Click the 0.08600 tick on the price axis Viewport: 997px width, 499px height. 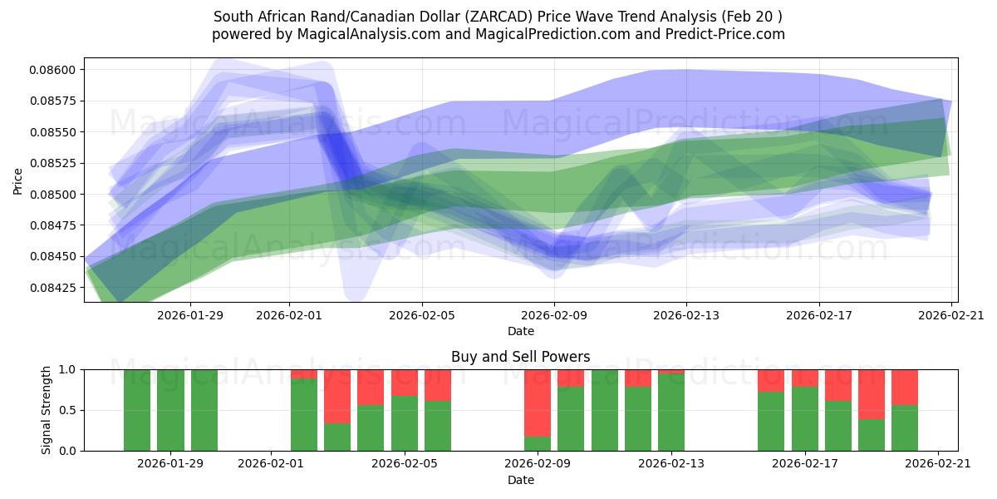pos(54,70)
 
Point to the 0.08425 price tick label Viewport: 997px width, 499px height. pos(54,288)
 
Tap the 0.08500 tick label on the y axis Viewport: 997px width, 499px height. pos(54,195)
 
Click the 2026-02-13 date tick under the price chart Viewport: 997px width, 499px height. pos(686,315)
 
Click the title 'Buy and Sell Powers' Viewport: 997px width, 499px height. pos(520,357)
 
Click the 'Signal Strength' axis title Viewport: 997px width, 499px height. pos(47,410)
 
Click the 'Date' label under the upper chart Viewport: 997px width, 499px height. pos(520,331)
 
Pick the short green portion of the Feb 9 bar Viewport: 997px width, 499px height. pos(538,443)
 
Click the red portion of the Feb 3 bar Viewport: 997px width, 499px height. pos(337,396)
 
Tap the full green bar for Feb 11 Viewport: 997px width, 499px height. pos(604,410)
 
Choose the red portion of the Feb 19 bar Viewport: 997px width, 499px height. pos(872,393)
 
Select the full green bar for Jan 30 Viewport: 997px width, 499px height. pos(204,410)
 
